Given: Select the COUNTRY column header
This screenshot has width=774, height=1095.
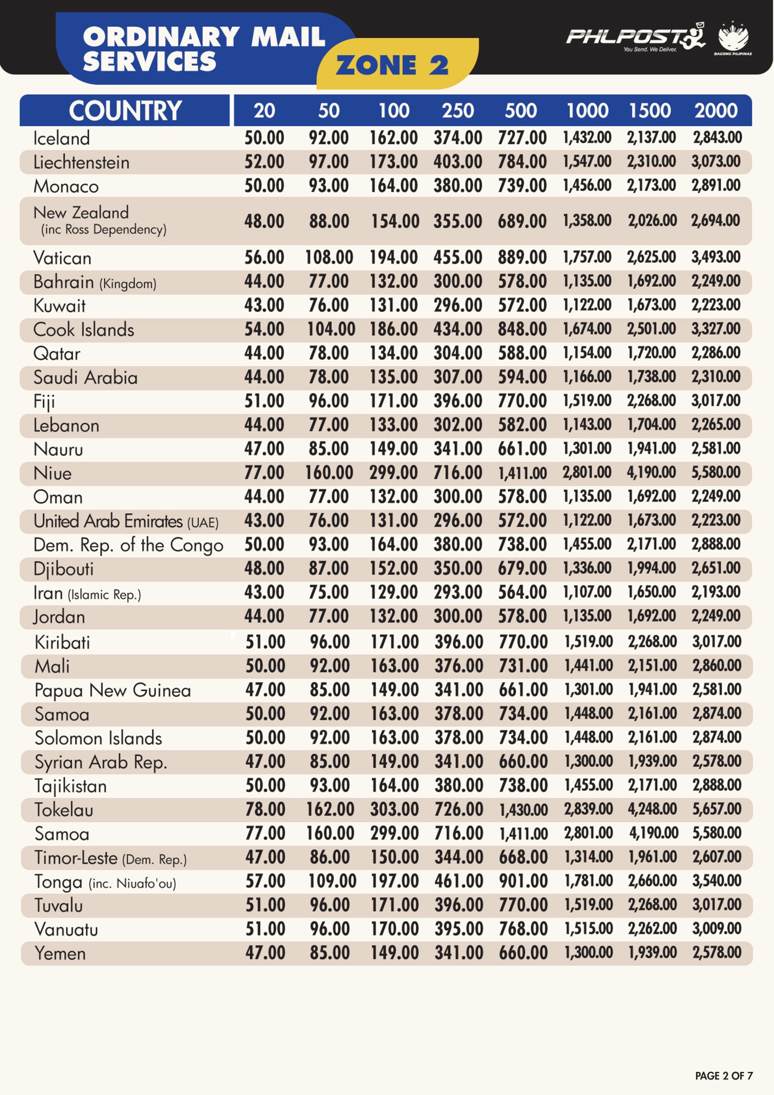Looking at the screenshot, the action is (125, 111).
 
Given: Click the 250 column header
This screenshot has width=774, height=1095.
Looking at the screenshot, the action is (458, 111).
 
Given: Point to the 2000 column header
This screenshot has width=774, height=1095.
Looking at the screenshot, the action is (716, 111).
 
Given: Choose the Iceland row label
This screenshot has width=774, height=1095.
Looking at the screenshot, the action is (62, 138).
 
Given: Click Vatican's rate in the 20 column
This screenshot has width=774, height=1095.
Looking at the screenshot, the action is (264, 257).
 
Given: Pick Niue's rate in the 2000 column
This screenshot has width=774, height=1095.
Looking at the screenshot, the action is (716, 473).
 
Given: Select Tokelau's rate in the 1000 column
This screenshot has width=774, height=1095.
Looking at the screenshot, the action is (588, 809).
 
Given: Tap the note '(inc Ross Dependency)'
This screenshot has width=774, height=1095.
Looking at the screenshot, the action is (104, 229).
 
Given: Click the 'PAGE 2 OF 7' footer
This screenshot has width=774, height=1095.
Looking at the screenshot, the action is (724, 1075).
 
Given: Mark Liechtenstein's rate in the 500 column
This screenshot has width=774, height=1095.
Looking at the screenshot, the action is (522, 162).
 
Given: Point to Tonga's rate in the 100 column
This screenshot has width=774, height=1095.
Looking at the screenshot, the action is (394, 881).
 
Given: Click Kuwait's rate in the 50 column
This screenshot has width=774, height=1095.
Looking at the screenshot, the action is (328, 305).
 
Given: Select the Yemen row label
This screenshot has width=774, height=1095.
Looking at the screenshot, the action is (60, 953).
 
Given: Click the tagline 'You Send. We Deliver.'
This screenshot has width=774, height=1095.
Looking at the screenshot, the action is (649, 49).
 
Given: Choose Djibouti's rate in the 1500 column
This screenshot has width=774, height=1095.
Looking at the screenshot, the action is (651, 568).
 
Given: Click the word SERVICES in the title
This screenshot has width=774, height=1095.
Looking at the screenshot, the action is (149, 61).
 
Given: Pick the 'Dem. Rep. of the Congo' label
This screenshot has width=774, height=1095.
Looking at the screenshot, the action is (128, 545).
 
